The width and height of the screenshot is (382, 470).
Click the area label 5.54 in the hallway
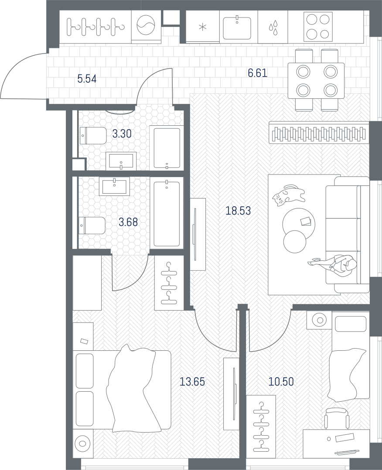87,79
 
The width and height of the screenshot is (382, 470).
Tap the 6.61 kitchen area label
257,73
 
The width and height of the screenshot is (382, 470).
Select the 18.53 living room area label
238,211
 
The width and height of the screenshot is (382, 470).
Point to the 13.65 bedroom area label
192,382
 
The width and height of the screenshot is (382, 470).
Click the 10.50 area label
281,382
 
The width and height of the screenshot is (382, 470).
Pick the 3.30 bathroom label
122,134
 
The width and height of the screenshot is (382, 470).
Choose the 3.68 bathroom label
128,222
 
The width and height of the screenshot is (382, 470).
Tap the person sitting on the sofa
333,263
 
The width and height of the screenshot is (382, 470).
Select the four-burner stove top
318,27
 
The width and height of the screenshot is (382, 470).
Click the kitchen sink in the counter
237,28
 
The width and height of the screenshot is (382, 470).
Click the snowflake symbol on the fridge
203,27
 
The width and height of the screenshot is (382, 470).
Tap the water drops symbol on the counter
273,27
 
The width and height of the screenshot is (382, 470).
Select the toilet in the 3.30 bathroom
92,136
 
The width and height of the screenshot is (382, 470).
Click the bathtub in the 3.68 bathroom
167,214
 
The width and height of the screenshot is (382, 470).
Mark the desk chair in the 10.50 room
337,418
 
